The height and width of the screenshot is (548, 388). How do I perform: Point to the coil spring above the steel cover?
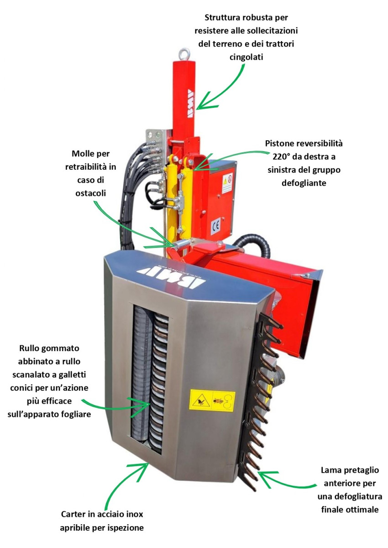pyautogui.click(x=183, y=243)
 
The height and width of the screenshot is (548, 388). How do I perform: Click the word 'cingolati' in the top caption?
pyautogui.click(x=246, y=57)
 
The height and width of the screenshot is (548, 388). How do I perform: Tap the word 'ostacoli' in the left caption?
pyautogui.click(x=90, y=193)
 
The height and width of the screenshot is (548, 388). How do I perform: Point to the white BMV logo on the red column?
pyautogui.click(x=191, y=104)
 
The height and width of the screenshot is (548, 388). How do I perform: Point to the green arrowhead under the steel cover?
pyautogui.click(x=139, y=470)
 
